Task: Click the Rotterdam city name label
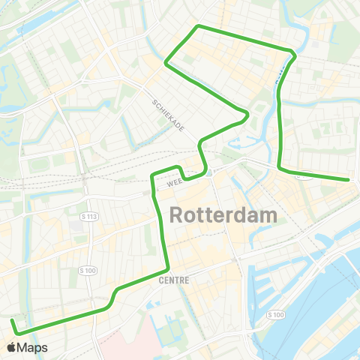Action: [x=224, y=215]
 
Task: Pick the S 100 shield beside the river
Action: [x=274, y=314]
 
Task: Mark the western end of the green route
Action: [x=12, y=321]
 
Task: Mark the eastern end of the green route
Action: [x=349, y=180]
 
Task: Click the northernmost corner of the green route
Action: [x=197, y=26]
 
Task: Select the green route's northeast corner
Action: [x=292, y=52]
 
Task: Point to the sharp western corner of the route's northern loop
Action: [x=166, y=64]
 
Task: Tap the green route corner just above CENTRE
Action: [x=168, y=268]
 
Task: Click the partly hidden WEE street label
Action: [x=174, y=182]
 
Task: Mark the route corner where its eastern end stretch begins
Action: [x=280, y=168]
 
